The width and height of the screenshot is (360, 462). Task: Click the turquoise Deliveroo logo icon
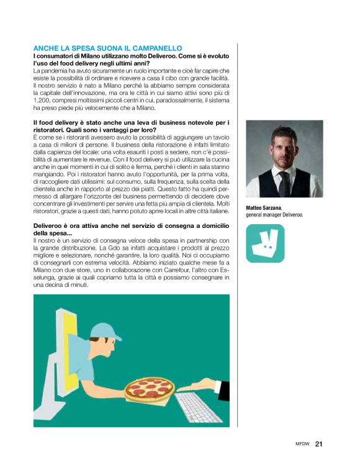(265, 243)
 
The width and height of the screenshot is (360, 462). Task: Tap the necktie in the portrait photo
(284, 184)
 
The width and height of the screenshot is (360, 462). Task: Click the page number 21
(319, 443)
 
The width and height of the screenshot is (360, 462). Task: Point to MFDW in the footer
(303, 444)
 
